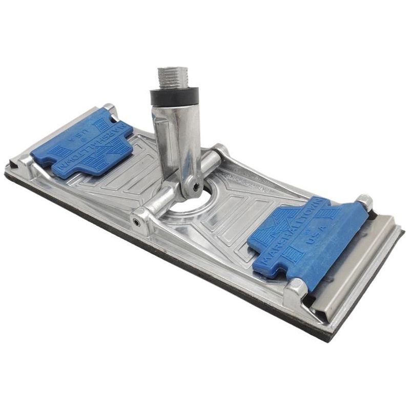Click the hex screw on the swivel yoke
196,187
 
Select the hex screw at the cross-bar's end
136,222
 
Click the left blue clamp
82,144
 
